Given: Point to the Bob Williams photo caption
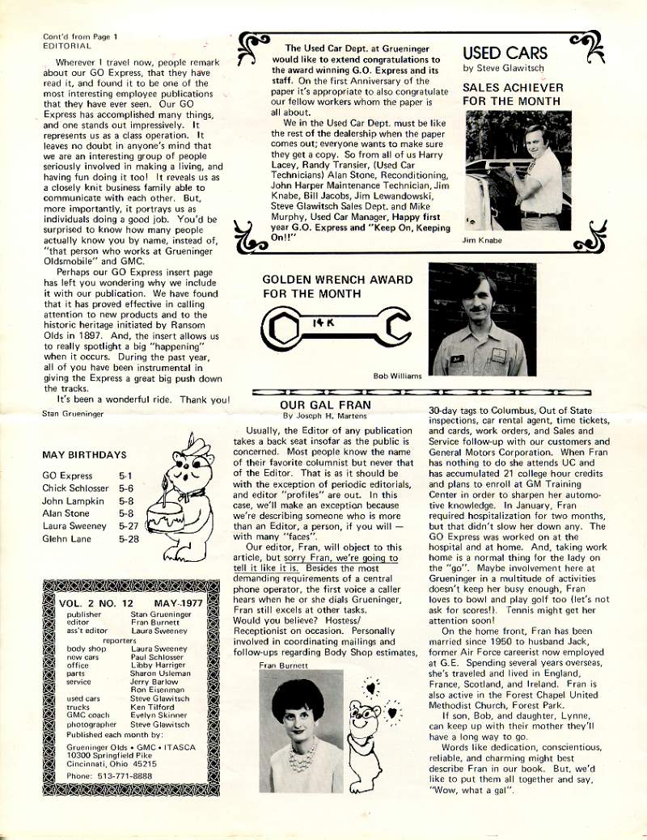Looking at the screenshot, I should (x=397, y=376).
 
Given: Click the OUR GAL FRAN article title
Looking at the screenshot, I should (x=325, y=405).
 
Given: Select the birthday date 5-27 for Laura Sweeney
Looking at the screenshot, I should (x=129, y=526).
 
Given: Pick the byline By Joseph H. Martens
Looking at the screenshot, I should (x=324, y=416).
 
